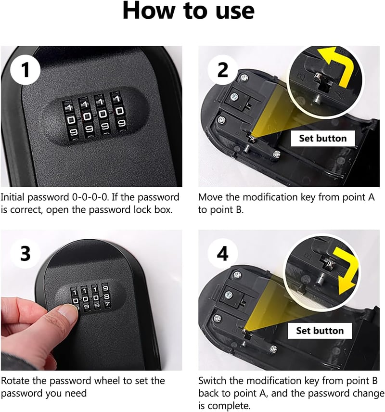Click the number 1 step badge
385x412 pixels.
click(x=25, y=70)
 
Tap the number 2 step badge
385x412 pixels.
click(x=223, y=70)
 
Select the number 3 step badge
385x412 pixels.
click(x=25, y=254)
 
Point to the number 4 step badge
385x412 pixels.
click(x=223, y=254)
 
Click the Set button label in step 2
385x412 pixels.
click(x=323, y=138)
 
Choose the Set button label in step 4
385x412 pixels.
click(x=320, y=331)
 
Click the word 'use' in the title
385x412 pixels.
click(x=235, y=11)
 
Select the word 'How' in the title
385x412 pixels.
click(x=149, y=11)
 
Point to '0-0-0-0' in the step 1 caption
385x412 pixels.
click(x=90, y=197)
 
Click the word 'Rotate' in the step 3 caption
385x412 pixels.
click(x=15, y=381)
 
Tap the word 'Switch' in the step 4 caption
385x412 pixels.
click(x=212, y=381)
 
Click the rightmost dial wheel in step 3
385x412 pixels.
click(x=106, y=296)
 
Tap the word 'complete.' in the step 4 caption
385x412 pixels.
click(x=224, y=406)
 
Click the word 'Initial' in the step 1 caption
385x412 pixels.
click(x=13, y=197)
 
